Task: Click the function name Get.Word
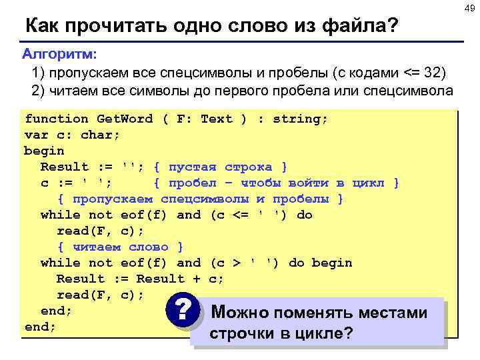(x=125, y=119)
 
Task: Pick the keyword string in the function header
(x=300, y=119)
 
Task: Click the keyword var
(x=36, y=135)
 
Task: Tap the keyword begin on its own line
(x=44, y=151)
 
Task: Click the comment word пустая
(x=193, y=167)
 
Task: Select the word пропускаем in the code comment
(x=113, y=199)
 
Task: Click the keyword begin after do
(x=332, y=263)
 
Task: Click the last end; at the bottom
(x=40, y=327)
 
